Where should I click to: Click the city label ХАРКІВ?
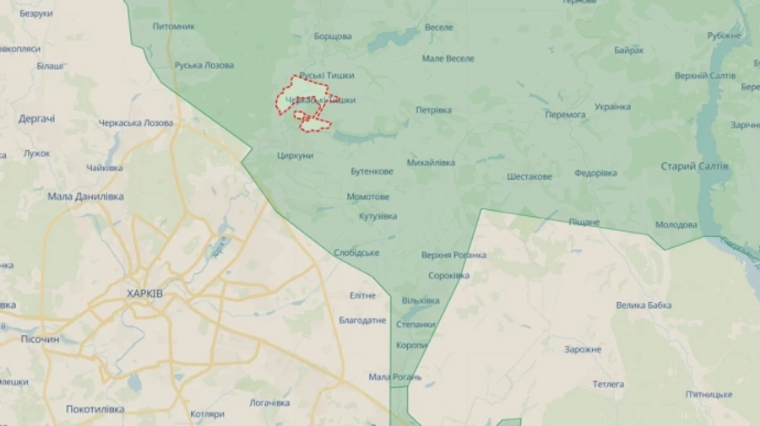144,294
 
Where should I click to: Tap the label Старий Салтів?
694,166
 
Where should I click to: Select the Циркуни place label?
295,155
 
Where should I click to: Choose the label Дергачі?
36,119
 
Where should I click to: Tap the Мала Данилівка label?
85,197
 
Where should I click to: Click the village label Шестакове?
529,176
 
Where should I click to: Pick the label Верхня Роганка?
453,255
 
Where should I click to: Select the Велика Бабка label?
643,305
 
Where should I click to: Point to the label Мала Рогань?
394,377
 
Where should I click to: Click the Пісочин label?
40,339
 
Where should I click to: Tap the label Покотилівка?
95,409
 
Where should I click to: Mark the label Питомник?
174,26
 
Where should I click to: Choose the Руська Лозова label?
204,65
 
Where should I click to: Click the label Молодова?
676,224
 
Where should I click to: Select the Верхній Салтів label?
705,76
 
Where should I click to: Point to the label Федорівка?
595,173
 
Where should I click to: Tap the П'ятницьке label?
708,394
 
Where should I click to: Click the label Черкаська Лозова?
135,122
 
